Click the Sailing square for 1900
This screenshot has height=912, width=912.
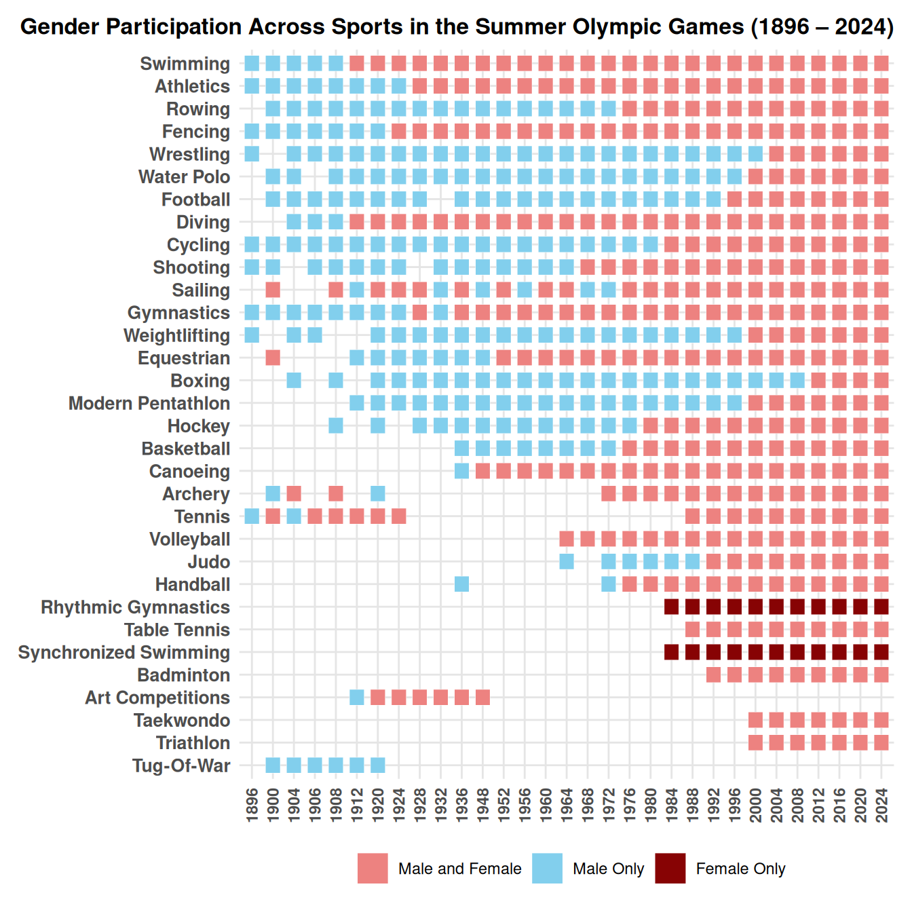pyautogui.click(x=273, y=290)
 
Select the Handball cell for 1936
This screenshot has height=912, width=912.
pyautogui.click(x=461, y=584)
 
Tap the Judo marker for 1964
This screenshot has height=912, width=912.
pyautogui.click(x=567, y=562)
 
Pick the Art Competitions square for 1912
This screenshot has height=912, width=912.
pyautogui.click(x=357, y=698)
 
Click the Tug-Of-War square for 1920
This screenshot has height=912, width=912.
pyautogui.click(x=378, y=765)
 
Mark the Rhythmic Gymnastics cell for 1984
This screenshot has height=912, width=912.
pyautogui.click(x=672, y=607)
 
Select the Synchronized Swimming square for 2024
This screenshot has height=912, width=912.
pyautogui.click(x=881, y=652)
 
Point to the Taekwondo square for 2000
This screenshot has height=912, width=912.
pyautogui.click(x=755, y=720)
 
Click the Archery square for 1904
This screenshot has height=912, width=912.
pyautogui.click(x=294, y=494)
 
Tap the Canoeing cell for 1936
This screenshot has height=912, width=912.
pyautogui.click(x=461, y=471)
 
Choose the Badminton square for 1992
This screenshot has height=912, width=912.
pyautogui.click(x=714, y=675)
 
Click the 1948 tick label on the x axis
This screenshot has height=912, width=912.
pyautogui.click(x=483, y=805)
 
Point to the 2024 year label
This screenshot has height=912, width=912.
pyautogui.click(x=882, y=805)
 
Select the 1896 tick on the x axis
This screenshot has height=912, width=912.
pyautogui.click(x=252, y=805)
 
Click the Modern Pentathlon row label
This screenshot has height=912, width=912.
pyautogui.click(x=149, y=404)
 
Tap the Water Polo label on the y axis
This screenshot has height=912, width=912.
pyautogui.click(x=184, y=177)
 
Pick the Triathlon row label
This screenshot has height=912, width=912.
pyautogui.click(x=193, y=743)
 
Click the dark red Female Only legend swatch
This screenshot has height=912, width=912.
pyautogui.click(x=670, y=869)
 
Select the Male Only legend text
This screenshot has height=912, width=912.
pyautogui.click(x=608, y=869)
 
